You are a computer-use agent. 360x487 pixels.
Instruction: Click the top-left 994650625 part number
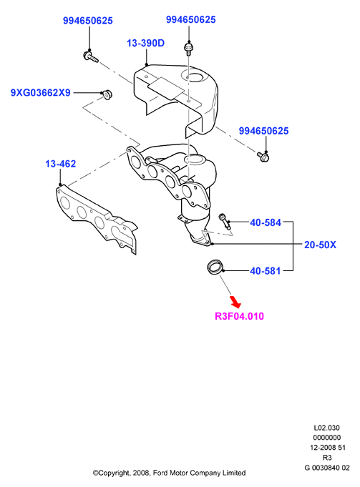pyautogui.click(x=87, y=21)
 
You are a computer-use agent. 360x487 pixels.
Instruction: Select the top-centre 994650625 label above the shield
pyautogui.click(x=190, y=19)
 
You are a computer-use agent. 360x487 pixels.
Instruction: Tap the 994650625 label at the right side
pyautogui.click(x=263, y=131)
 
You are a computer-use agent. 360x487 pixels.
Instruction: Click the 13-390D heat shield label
pyautogui.click(x=145, y=43)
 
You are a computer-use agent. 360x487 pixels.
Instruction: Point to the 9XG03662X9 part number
pyautogui.click(x=41, y=92)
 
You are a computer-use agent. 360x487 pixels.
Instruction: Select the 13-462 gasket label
pyautogui.click(x=61, y=164)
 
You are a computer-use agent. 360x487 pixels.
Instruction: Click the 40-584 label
pyautogui.click(x=266, y=222)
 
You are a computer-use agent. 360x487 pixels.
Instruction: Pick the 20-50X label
pyautogui.click(x=320, y=245)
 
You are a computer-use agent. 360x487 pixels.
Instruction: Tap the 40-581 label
pyautogui.click(x=266, y=271)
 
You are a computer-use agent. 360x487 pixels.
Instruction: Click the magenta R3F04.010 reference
pyautogui.click(x=239, y=316)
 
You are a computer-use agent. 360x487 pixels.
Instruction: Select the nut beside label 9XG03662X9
pyautogui.click(x=107, y=94)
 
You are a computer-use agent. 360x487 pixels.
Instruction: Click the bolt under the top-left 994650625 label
pyautogui.click(x=91, y=56)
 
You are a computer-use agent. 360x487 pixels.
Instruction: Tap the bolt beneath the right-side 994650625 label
pyautogui.click(x=263, y=157)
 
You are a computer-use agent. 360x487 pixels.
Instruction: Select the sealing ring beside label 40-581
pyautogui.click(x=215, y=267)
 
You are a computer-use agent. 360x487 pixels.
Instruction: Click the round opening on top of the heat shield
pyautogui.click(x=195, y=77)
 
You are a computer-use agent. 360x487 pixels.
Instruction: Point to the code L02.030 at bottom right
pyautogui.click(x=327, y=428)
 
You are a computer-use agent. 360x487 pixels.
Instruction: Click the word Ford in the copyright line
pyautogui.click(x=160, y=473)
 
